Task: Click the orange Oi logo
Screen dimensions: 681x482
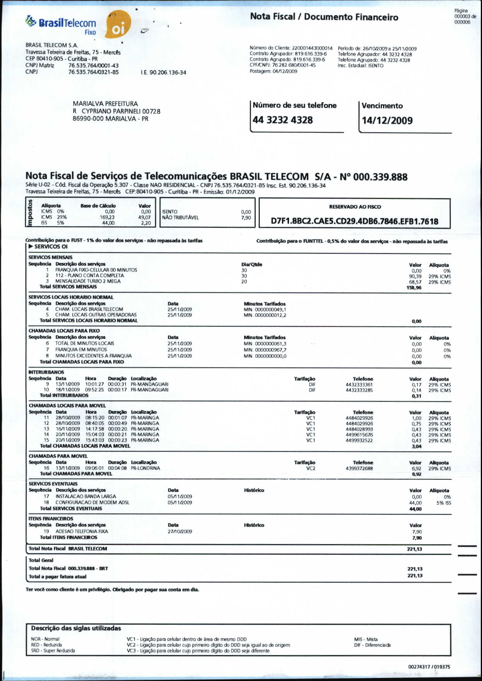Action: [x=118, y=25]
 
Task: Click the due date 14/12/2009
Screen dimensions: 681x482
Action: [x=387, y=121]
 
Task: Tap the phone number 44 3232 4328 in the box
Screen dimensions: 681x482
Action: [x=283, y=120]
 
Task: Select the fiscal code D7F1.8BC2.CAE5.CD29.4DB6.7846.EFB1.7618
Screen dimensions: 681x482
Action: [x=355, y=221]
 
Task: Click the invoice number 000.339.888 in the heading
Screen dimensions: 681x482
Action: [x=380, y=177]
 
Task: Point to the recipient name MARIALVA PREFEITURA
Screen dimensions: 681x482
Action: [x=105, y=104]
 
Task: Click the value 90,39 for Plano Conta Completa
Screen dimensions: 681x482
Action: [x=415, y=276]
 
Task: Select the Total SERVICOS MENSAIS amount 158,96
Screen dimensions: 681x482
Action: [x=414, y=288]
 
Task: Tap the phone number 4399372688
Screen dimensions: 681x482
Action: [x=359, y=469]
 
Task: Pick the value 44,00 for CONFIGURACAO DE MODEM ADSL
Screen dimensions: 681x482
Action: [x=415, y=503]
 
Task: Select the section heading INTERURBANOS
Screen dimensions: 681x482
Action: [x=46, y=372]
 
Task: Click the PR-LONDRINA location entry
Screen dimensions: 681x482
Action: [x=145, y=468]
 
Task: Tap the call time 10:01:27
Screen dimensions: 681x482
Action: [x=95, y=384]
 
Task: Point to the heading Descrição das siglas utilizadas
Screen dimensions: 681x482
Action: [x=76, y=628]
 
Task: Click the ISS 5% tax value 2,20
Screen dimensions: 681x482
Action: [x=146, y=223]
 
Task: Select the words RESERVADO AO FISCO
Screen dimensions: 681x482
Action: [x=355, y=207]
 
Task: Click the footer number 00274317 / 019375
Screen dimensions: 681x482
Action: [x=429, y=667]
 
